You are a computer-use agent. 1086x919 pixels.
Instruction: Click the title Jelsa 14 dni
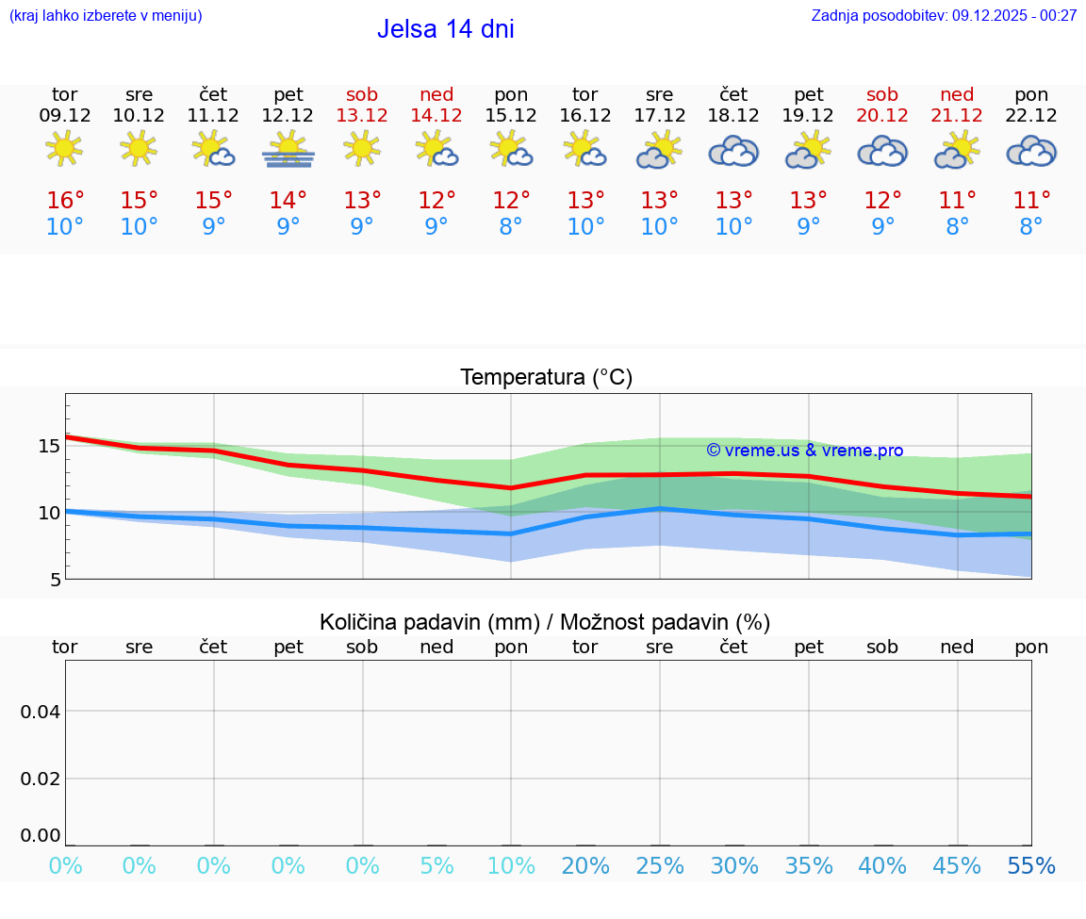pos(445,29)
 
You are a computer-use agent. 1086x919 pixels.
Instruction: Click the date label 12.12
pos(288,116)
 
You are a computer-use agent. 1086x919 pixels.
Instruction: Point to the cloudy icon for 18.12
pos(733,151)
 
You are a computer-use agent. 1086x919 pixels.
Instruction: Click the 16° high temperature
pos(65,201)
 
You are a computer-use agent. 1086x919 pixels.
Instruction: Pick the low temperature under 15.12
pos(511,227)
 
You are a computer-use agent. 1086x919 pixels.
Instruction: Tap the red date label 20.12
pos(882,116)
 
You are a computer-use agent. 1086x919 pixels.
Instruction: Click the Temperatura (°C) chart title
pos(546,378)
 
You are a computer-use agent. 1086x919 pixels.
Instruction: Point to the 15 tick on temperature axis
pos(49,446)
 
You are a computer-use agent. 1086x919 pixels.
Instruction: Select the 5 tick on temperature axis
pos(56,580)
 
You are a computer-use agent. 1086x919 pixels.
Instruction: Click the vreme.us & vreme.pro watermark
pos(804,451)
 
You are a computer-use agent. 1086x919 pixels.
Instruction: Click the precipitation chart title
pos(545,622)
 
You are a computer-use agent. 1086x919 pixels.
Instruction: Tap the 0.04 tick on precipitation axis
pos(41,711)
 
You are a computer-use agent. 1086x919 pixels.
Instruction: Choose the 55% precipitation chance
pos(1031,866)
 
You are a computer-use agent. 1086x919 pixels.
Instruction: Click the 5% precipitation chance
pos(436,866)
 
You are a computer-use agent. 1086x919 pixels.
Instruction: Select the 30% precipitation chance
pos(733,866)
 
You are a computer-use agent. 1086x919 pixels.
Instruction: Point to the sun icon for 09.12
pos(64,149)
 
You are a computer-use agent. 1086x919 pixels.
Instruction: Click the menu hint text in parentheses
pos(106,15)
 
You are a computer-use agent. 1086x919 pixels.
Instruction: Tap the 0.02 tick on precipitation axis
pos(41,779)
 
